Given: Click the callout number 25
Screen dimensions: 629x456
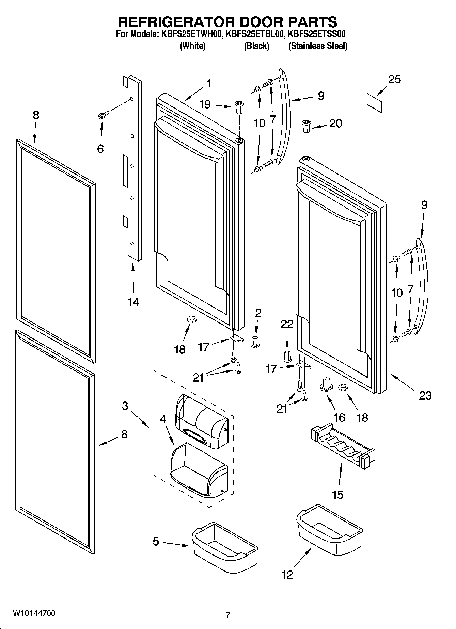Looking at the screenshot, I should [x=394, y=80].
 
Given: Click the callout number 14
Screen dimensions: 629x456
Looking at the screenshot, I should [x=133, y=301].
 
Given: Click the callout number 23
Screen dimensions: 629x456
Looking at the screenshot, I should [x=425, y=395].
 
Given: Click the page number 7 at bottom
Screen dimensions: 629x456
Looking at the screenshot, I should [x=228, y=615].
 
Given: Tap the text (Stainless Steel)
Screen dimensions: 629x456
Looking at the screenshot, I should [x=318, y=46].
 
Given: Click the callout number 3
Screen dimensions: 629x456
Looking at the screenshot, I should [x=125, y=405].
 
